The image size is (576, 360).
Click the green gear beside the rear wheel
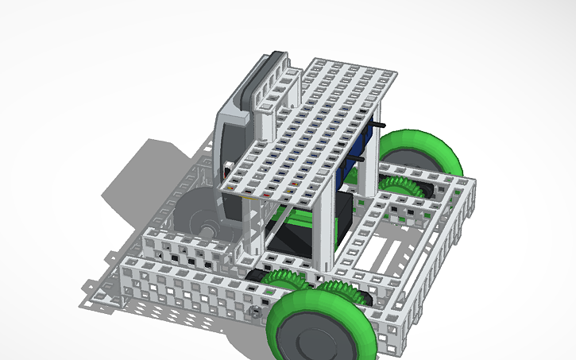pos(405,188)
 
